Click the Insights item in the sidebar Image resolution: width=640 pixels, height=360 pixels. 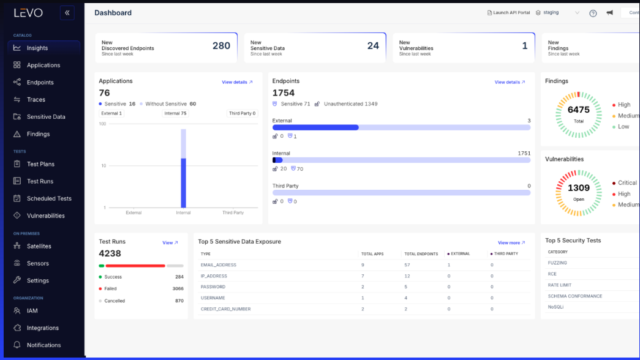(x=37, y=48)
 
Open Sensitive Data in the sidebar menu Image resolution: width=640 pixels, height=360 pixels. (x=45, y=116)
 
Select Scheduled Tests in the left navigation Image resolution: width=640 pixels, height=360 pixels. (x=49, y=198)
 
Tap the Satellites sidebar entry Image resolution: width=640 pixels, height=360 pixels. (x=39, y=246)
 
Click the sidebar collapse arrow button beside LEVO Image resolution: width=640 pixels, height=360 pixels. (x=67, y=12)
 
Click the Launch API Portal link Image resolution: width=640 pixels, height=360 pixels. (x=508, y=13)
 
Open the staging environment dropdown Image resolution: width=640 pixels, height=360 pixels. (x=557, y=13)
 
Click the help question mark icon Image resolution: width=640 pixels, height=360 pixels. (x=593, y=13)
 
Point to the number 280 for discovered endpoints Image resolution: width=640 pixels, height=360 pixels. (x=221, y=46)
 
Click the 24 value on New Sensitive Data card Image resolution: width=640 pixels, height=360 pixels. (x=373, y=46)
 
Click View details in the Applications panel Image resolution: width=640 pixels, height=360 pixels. (x=237, y=82)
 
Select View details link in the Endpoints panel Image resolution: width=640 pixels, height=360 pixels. (x=510, y=82)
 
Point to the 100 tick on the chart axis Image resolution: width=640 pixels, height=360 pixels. (x=102, y=124)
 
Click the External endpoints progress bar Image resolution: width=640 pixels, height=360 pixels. (x=401, y=127)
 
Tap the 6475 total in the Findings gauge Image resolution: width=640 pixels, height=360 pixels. (x=578, y=110)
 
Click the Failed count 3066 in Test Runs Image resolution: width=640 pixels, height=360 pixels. (x=178, y=288)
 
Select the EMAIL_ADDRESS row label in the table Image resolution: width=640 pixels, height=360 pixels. (x=218, y=265)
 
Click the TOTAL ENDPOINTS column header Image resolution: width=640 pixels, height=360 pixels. (x=421, y=253)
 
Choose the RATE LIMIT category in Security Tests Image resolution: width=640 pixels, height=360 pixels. (x=559, y=285)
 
